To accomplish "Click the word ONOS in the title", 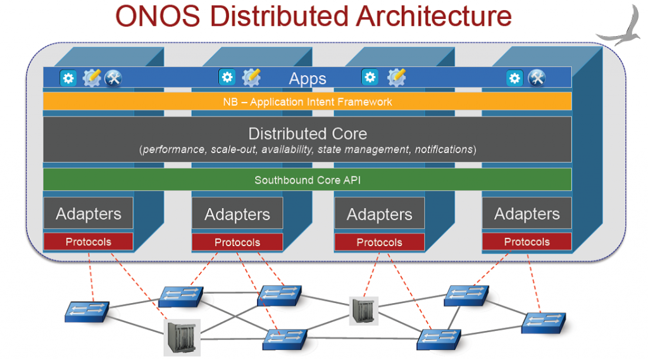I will click(x=159, y=16).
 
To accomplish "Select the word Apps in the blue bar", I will click(x=308, y=79).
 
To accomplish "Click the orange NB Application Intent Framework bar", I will click(x=308, y=102).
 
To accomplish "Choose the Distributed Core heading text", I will click(x=308, y=133).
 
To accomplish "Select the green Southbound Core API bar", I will click(x=308, y=180).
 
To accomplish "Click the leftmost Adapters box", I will click(x=89, y=214).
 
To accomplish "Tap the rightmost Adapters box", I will click(x=526, y=214).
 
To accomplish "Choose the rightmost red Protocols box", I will click(x=526, y=242).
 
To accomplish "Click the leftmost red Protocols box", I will click(x=89, y=242).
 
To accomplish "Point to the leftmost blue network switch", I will click(x=87, y=310).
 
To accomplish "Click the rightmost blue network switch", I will click(x=542, y=322).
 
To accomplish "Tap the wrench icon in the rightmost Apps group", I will click(x=537, y=78).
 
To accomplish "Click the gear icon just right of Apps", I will click(x=370, y=78).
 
